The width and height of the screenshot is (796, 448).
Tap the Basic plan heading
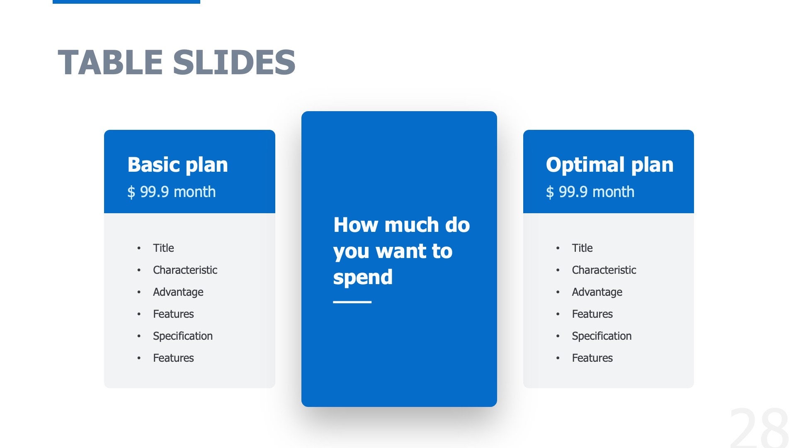pos(177,165)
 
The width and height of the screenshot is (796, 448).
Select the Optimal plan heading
pos(609,165)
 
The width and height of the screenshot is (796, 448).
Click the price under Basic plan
pos(171,192)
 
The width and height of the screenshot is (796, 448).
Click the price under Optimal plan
pos(590,192)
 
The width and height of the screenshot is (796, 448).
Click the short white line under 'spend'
pos(352,302)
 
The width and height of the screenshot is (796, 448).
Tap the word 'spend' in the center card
pos(362,277)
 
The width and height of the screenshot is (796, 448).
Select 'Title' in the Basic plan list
pos(163,248)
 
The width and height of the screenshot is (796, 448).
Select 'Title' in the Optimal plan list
pos(582,248)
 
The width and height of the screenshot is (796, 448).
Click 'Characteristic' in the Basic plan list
pos(185,270)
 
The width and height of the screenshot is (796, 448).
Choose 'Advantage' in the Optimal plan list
pos(597,292)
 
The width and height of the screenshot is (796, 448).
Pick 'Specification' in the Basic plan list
pos(182,336)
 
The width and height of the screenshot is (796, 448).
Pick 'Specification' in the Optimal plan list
pos(602,336)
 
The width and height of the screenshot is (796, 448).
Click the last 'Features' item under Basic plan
pos(173,358)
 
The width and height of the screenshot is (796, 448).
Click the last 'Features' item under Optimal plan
pos(592,358)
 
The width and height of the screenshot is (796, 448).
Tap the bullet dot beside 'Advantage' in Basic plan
pos(139,292)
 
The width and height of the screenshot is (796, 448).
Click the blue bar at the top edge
pos(126,2)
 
